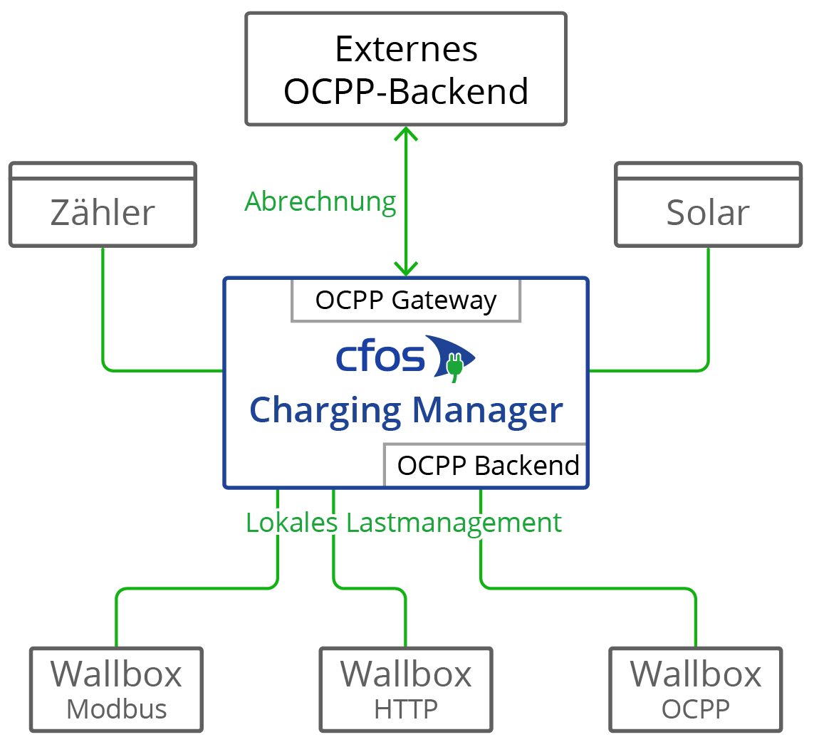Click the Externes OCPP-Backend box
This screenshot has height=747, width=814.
[x=406, y=69]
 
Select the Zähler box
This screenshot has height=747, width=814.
[x=103, y=213]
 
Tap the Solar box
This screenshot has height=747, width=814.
[x=708, y=213]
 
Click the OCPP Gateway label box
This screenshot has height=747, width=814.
[x=406, y=301]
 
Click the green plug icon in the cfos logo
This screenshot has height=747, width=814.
[x=454, y=365]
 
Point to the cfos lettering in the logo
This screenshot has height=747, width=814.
[x=380, y=358]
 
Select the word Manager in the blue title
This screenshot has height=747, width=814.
[x=488, y=411]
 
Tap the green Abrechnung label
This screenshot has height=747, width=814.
[x=320, y=202]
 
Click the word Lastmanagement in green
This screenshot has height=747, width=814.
[x=454, y=523]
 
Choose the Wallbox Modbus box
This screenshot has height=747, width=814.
[x=116, y=689]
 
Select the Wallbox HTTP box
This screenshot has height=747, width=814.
[x=406, y=689]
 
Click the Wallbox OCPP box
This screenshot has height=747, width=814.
[x=696, y=689]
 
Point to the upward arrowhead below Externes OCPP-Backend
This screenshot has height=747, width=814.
[x=406, y=133]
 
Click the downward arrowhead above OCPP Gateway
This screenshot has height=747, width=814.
[x=406, y=269]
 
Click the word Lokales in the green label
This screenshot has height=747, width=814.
[x=292, y=523]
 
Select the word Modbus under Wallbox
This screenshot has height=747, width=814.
[x=116, y=709]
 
